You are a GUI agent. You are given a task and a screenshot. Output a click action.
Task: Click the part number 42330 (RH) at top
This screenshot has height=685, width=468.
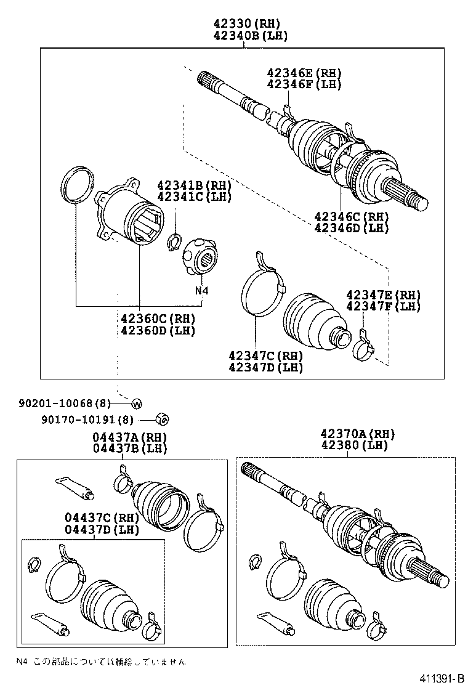pyautogui.click(x=243, y=24)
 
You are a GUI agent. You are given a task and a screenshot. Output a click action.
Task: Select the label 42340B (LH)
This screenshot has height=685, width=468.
pyautogui.click(x=243, y=36)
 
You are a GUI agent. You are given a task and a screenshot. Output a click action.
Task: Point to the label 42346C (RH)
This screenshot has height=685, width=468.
pyautogui.click(x=352, y=216)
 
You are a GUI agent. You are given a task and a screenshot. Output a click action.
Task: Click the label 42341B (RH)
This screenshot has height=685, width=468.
pyautogui.click(x=194, y=185)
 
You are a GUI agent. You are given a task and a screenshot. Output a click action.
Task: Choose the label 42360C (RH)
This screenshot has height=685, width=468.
pyautogui.click(x=158, y=318)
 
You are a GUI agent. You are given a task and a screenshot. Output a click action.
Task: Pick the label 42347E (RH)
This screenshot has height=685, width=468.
pyautogui.click(x=383, y=294)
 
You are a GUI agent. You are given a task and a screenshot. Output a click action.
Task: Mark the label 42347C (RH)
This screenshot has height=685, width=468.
pyautogui.click(x=265, y=356)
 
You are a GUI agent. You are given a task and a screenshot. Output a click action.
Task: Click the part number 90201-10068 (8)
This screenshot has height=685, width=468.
pyautogui.click(x=65, y=403)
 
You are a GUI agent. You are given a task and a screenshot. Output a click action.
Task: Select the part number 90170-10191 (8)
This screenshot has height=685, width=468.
pyautogui.click(x=87, y=420)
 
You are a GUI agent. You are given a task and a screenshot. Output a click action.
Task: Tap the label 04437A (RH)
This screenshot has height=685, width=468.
pyautogui.click(x=130, y=437)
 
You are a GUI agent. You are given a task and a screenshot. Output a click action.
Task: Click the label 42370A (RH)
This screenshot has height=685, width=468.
pyautogui.click(x=358, y=434)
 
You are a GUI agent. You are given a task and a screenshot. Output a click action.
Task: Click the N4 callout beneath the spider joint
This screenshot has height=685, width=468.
pyautogui.click(x=202, y=290)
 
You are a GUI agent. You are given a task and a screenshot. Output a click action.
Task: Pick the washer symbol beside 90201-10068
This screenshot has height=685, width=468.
pyautogui.click(x=137, y=403)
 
